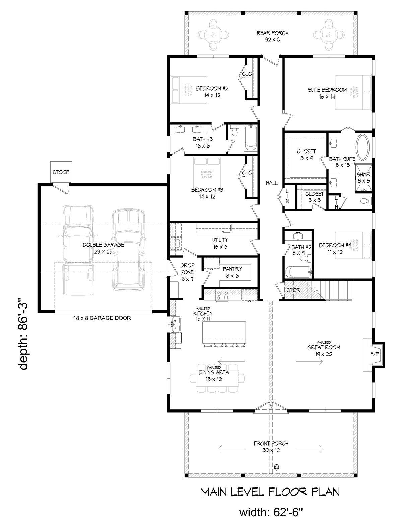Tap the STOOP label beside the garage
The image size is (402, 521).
point(61,172)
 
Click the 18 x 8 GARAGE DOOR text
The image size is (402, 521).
point(102,318)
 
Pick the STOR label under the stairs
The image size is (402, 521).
point(293,290)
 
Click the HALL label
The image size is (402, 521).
point(272,183)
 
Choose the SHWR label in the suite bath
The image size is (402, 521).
point(363,175)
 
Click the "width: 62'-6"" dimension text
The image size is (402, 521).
point(271,512)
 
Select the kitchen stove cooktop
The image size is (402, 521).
point(222,295)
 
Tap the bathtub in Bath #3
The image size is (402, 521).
point(250,138)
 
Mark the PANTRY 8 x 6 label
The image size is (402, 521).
point(232,272)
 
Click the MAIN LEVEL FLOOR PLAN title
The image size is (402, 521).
point(270,492)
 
